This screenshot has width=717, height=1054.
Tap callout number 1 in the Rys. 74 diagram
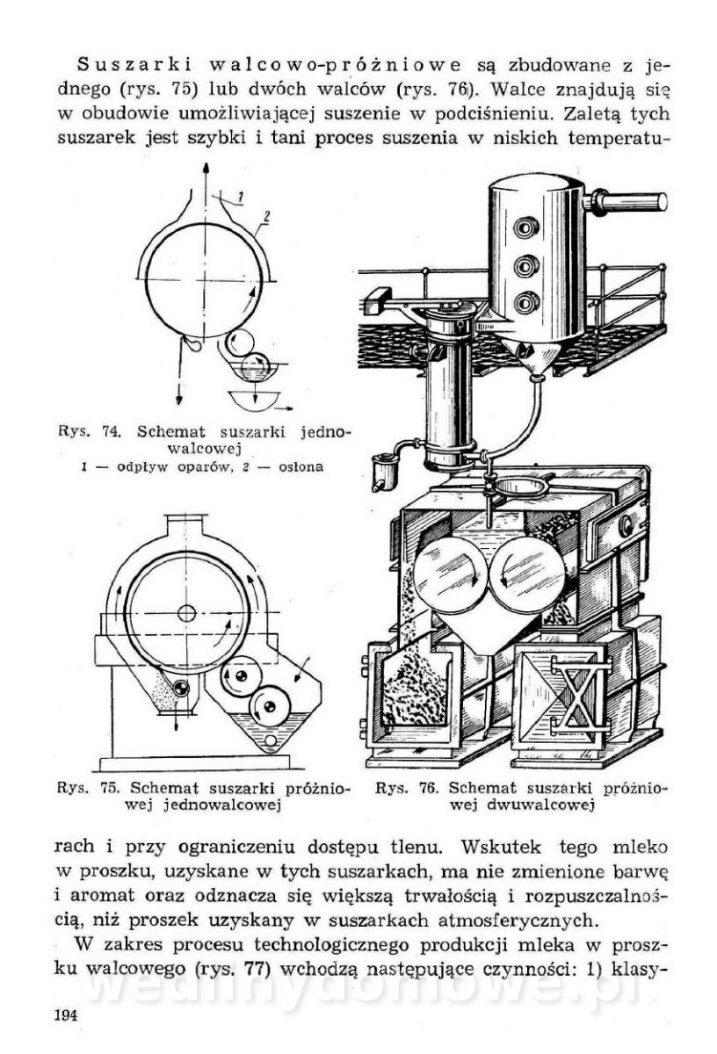(240, 197)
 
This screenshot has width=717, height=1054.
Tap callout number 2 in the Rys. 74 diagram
(266, 217)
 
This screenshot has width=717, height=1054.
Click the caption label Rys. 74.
(90, 431)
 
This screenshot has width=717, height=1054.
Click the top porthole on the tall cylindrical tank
(525, 228)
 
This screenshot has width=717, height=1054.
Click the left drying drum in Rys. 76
(450, 574)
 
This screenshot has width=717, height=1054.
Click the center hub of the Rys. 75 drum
(187, 613)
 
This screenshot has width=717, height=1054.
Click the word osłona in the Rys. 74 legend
(301, 467)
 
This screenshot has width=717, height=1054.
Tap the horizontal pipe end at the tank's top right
(662, 201)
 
